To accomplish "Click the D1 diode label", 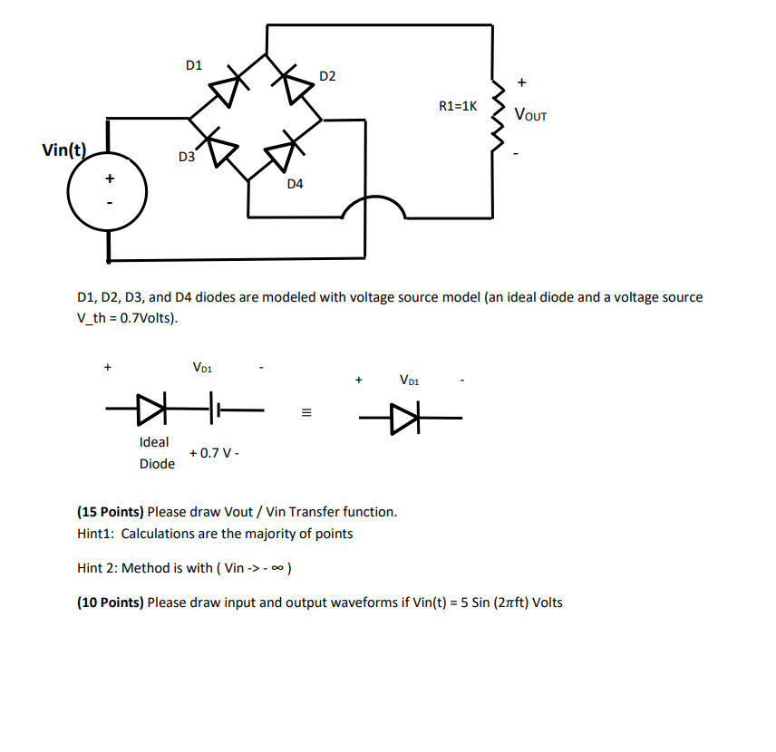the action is [194, 65].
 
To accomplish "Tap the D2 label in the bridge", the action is [327, 75].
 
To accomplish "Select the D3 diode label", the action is [187, 157].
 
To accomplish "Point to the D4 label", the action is [296, 184].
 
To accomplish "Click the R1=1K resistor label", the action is [458, 106].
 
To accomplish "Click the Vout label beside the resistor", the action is [530, 115].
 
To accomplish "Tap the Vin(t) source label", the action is [64, 150].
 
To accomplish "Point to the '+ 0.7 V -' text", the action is [215, 453].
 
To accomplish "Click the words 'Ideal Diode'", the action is [156, 453].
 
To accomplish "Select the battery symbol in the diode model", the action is [214, 409].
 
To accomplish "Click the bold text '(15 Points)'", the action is [111, 512].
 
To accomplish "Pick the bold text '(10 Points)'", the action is [111, 603].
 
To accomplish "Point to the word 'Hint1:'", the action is [96, 534].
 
